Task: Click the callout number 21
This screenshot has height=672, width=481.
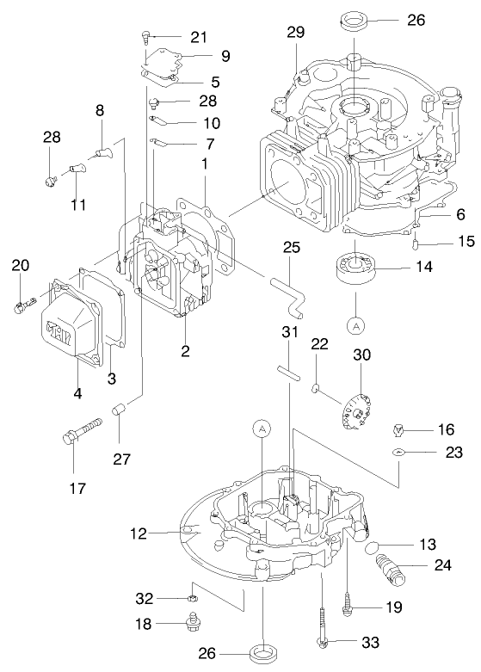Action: pos(199,36)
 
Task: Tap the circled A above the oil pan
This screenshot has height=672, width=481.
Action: pos(262,428)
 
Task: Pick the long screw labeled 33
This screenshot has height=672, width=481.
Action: pos(322,626)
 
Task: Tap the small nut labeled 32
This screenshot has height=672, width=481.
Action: pos(194,595)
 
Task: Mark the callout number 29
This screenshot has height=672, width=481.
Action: pos(296,33)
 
